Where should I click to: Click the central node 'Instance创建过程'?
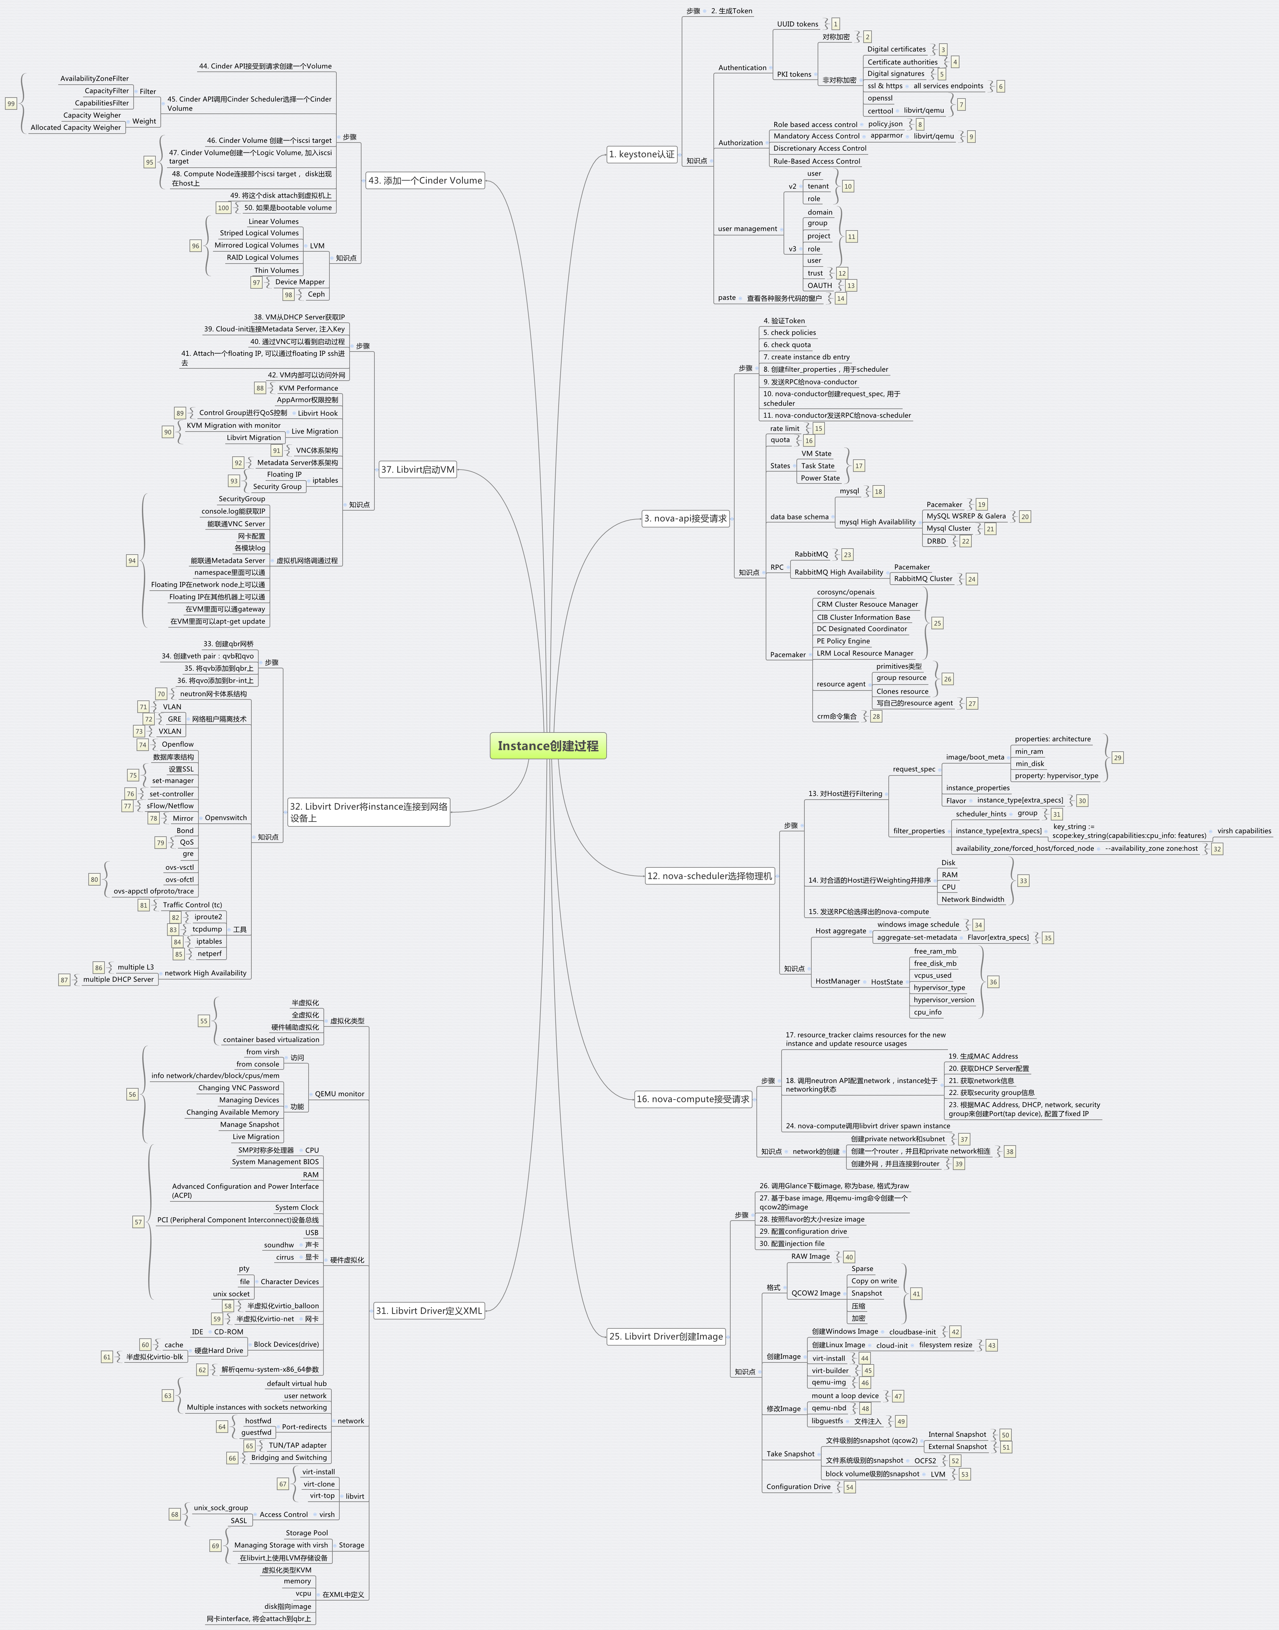coord(548,746)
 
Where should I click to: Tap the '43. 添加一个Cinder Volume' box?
coord(425,181)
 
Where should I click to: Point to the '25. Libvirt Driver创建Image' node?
coord(666,1336)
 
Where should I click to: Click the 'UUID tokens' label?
coord(797,24)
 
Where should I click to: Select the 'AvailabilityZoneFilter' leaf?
coord(94,79)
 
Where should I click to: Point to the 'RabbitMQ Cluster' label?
coord(923,579)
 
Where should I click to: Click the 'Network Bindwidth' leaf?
coord(973,899)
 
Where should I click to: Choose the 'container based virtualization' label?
coord(271,1039)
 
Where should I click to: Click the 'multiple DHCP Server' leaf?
coord(118,979)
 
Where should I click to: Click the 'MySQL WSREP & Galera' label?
coord(966,516)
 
